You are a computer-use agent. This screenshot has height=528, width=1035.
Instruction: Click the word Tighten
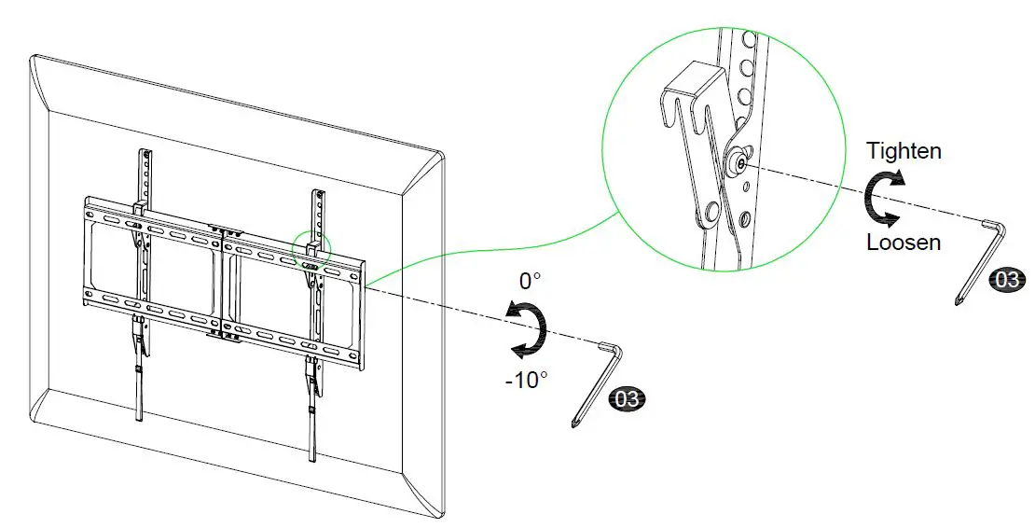[903, 150]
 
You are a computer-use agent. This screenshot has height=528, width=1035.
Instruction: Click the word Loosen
[903, 243]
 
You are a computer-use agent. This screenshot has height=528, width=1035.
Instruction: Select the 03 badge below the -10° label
[626, 400]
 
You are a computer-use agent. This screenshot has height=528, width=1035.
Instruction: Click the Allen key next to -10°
[597, 382]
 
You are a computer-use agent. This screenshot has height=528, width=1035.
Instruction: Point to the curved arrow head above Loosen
[892, 219]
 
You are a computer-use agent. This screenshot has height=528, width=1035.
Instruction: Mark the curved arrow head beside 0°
[509, 311]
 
